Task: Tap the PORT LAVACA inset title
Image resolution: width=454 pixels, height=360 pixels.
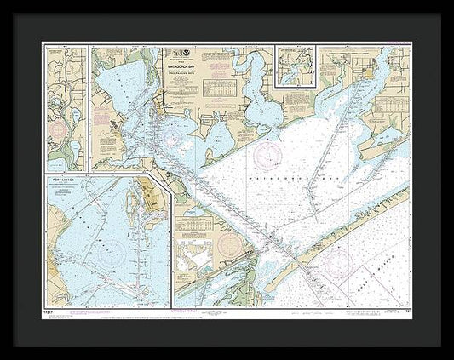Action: tap(64, 180)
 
